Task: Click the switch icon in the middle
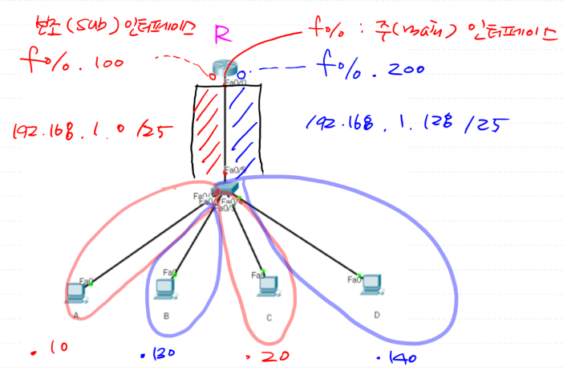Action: pyautogui.click(x=228, y=188)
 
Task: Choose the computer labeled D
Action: pyautogui.click(x=371, y=285)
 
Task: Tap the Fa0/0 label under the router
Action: pyautogui.click(x=235, y=82)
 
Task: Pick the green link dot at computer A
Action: pyautogui.click(x=91, y=283)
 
